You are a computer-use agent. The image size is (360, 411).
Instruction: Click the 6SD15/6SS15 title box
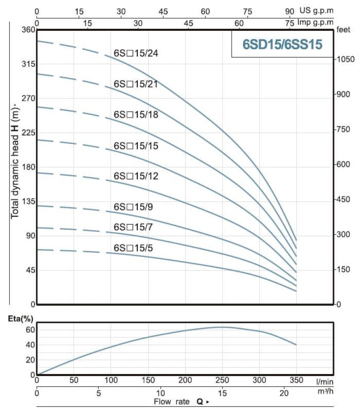(282, 44)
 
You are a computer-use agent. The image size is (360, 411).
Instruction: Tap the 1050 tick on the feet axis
(345, 59)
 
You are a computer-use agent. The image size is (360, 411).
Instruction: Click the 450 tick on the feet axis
(344, 200)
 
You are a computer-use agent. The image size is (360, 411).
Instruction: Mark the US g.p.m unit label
(317, 11)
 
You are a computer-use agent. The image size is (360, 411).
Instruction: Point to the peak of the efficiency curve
(222, 327)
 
